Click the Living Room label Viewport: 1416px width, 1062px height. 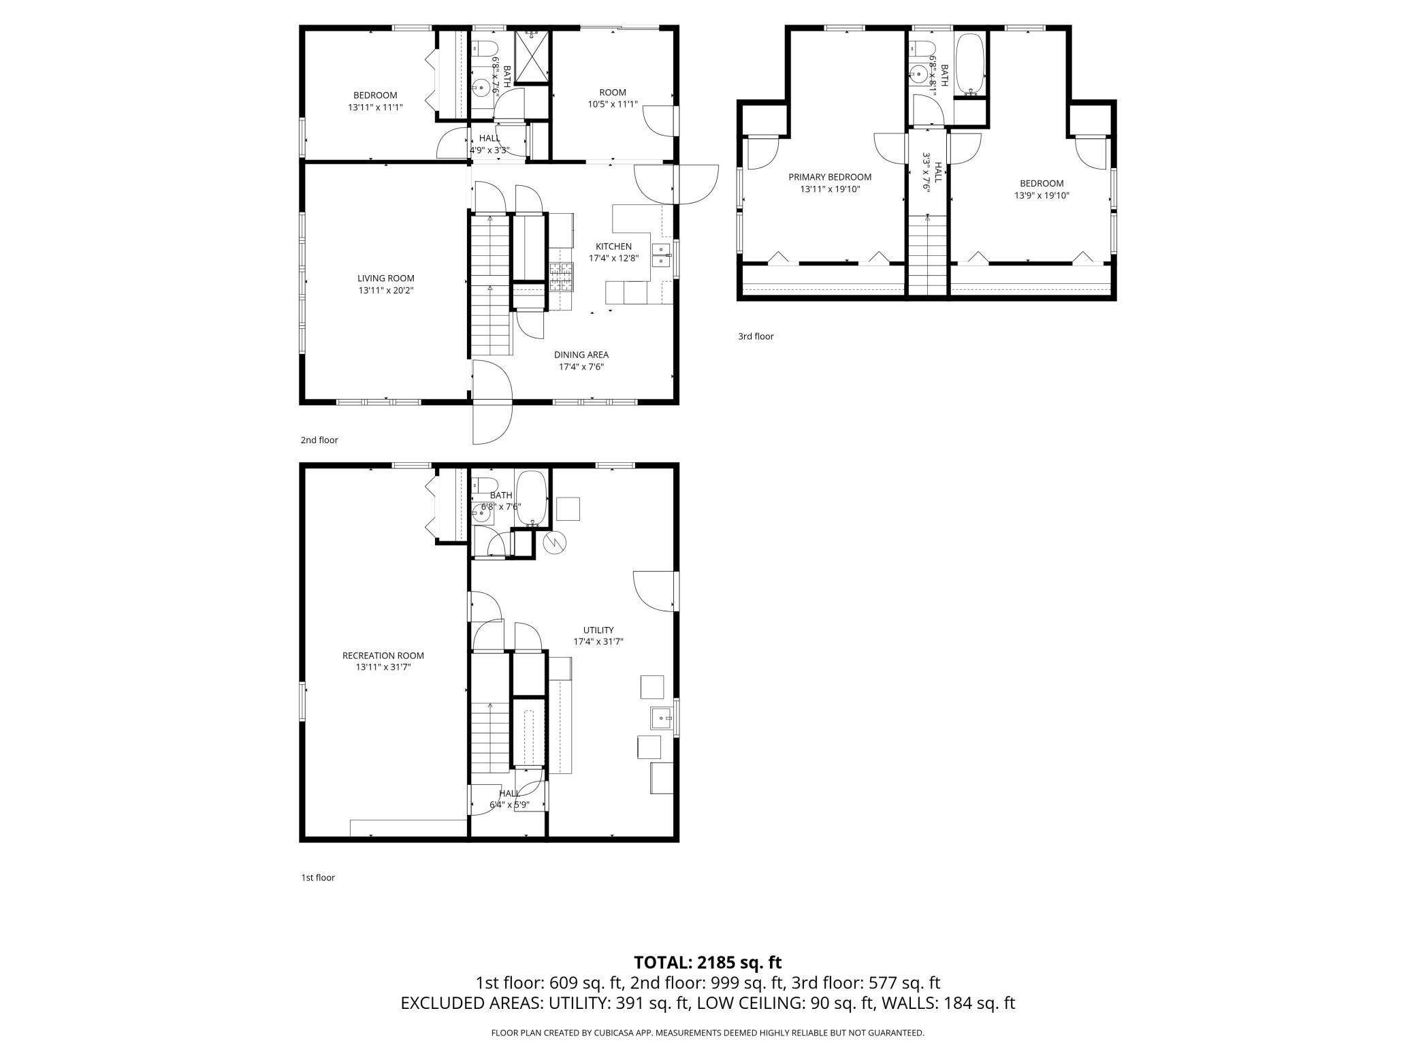tap(386, 278)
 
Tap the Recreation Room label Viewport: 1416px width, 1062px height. tap(383, 656)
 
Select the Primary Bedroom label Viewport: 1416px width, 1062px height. tap(830, 177)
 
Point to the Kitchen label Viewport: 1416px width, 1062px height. tap(613, 246)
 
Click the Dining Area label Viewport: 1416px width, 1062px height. tap(581, 355)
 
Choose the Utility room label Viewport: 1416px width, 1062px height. tap(598, 630)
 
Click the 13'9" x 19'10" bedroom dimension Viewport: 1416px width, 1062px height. tap(1042, 195)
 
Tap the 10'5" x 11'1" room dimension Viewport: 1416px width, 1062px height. tap(613, 104)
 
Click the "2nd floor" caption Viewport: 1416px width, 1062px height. tap(319, 440)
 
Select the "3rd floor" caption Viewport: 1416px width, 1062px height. tap(756, 336)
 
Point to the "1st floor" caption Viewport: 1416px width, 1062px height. tap(318, 878)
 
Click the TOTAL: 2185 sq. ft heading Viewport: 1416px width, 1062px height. tap(708, 962)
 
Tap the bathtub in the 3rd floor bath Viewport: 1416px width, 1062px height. tap(969, 64)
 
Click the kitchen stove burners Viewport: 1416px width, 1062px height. tap(562, 277)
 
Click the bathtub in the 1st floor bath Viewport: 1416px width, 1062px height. tap(531, 498)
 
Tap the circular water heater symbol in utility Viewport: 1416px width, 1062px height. tap(555, 543)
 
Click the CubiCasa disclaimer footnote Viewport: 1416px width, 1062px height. tap(708, 1033)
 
